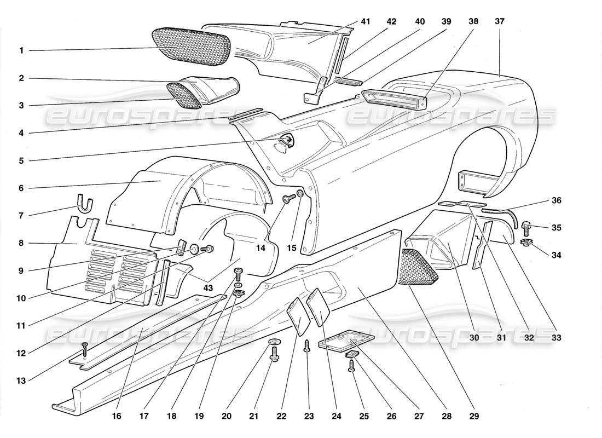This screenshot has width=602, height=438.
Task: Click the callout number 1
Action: (21, 51)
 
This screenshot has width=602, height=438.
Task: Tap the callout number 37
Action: (499, 21)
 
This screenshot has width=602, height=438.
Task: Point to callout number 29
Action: (474, 416)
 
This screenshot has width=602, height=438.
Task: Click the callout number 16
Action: (117, 416)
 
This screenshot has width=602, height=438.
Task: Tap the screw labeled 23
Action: (308, 346)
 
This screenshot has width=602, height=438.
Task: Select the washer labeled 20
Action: (275, 344)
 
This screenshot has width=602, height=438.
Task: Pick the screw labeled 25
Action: (352, 365)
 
